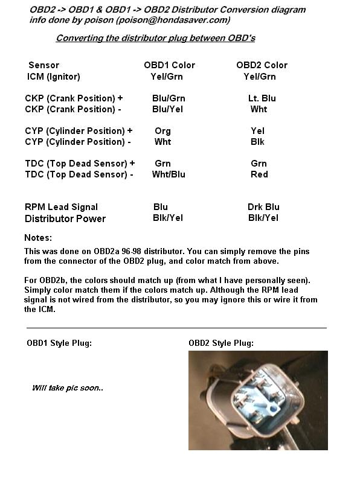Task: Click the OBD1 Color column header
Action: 169,65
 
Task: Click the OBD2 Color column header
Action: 262,65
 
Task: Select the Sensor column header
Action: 43,65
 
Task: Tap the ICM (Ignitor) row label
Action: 54,77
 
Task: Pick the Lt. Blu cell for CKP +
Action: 262,98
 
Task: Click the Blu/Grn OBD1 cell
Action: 169,98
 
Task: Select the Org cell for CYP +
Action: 162,131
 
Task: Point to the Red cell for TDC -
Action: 259,174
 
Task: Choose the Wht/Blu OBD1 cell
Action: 169,174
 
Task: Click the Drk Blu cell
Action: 263,207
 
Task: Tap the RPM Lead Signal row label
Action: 61,207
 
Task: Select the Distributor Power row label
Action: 65,218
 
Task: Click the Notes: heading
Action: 38,238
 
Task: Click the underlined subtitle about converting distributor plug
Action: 155,38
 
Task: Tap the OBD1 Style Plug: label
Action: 59,343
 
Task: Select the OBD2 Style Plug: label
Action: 221,343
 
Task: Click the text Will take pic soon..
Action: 67,387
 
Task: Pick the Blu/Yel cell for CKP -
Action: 167,109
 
